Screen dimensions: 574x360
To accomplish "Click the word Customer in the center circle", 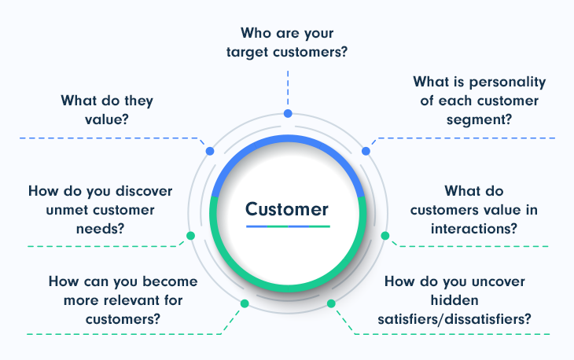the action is tap(287, 209).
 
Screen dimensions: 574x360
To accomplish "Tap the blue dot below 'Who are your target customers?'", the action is tap(288, 113).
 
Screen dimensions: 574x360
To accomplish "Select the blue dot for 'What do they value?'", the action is tap(210, 151).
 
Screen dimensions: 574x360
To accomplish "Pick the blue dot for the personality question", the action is tap(366, 151).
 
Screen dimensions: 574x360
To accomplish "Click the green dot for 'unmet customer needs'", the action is tap(190, 236).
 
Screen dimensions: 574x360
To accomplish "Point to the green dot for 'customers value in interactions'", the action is tap(385, 236).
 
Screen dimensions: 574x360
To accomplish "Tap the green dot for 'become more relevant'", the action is tap(245, 303).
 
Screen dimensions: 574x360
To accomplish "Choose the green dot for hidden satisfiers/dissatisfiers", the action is tap(331, 303).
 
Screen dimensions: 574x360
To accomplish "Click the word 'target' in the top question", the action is tap(248, 53).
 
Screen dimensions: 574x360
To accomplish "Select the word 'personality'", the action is tap(507, 83).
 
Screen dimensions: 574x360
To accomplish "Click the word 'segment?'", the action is tap(479, 120).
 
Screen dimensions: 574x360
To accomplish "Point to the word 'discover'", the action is tap(144, 191).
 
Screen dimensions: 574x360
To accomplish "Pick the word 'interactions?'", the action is tap(474, 229).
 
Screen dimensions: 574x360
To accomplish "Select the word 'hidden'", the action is tap(454, 300).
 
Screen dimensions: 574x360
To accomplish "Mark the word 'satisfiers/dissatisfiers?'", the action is tap(454, 319).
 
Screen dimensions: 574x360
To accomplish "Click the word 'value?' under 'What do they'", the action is tap(107, 119).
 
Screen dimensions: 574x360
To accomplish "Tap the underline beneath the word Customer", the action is tap(288, 226).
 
